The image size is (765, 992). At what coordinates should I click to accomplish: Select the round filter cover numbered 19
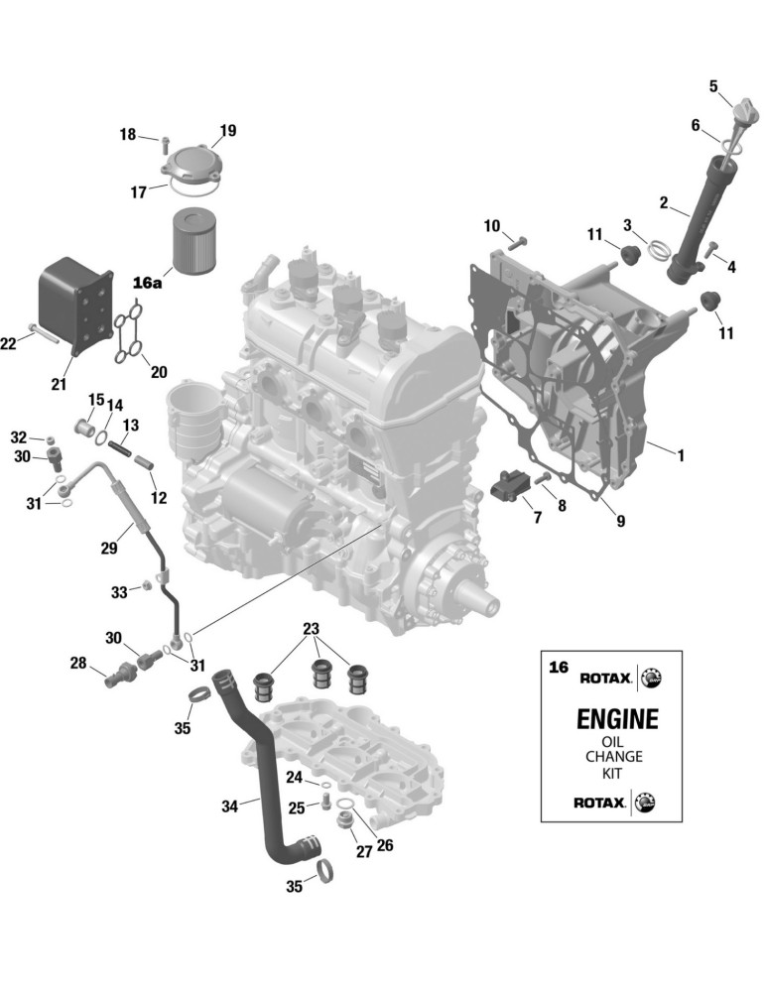click(x=191, y=164)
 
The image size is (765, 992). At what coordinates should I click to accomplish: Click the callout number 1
click(x=681, y=455)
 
